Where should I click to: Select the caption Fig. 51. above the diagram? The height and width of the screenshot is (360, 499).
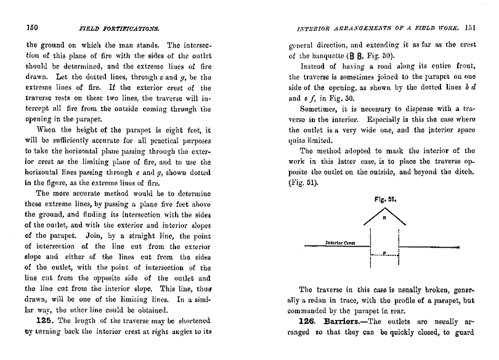point(384,200)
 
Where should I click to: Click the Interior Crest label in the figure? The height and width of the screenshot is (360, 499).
point(337,243)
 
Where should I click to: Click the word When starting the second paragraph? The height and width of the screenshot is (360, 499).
point(47,129)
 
